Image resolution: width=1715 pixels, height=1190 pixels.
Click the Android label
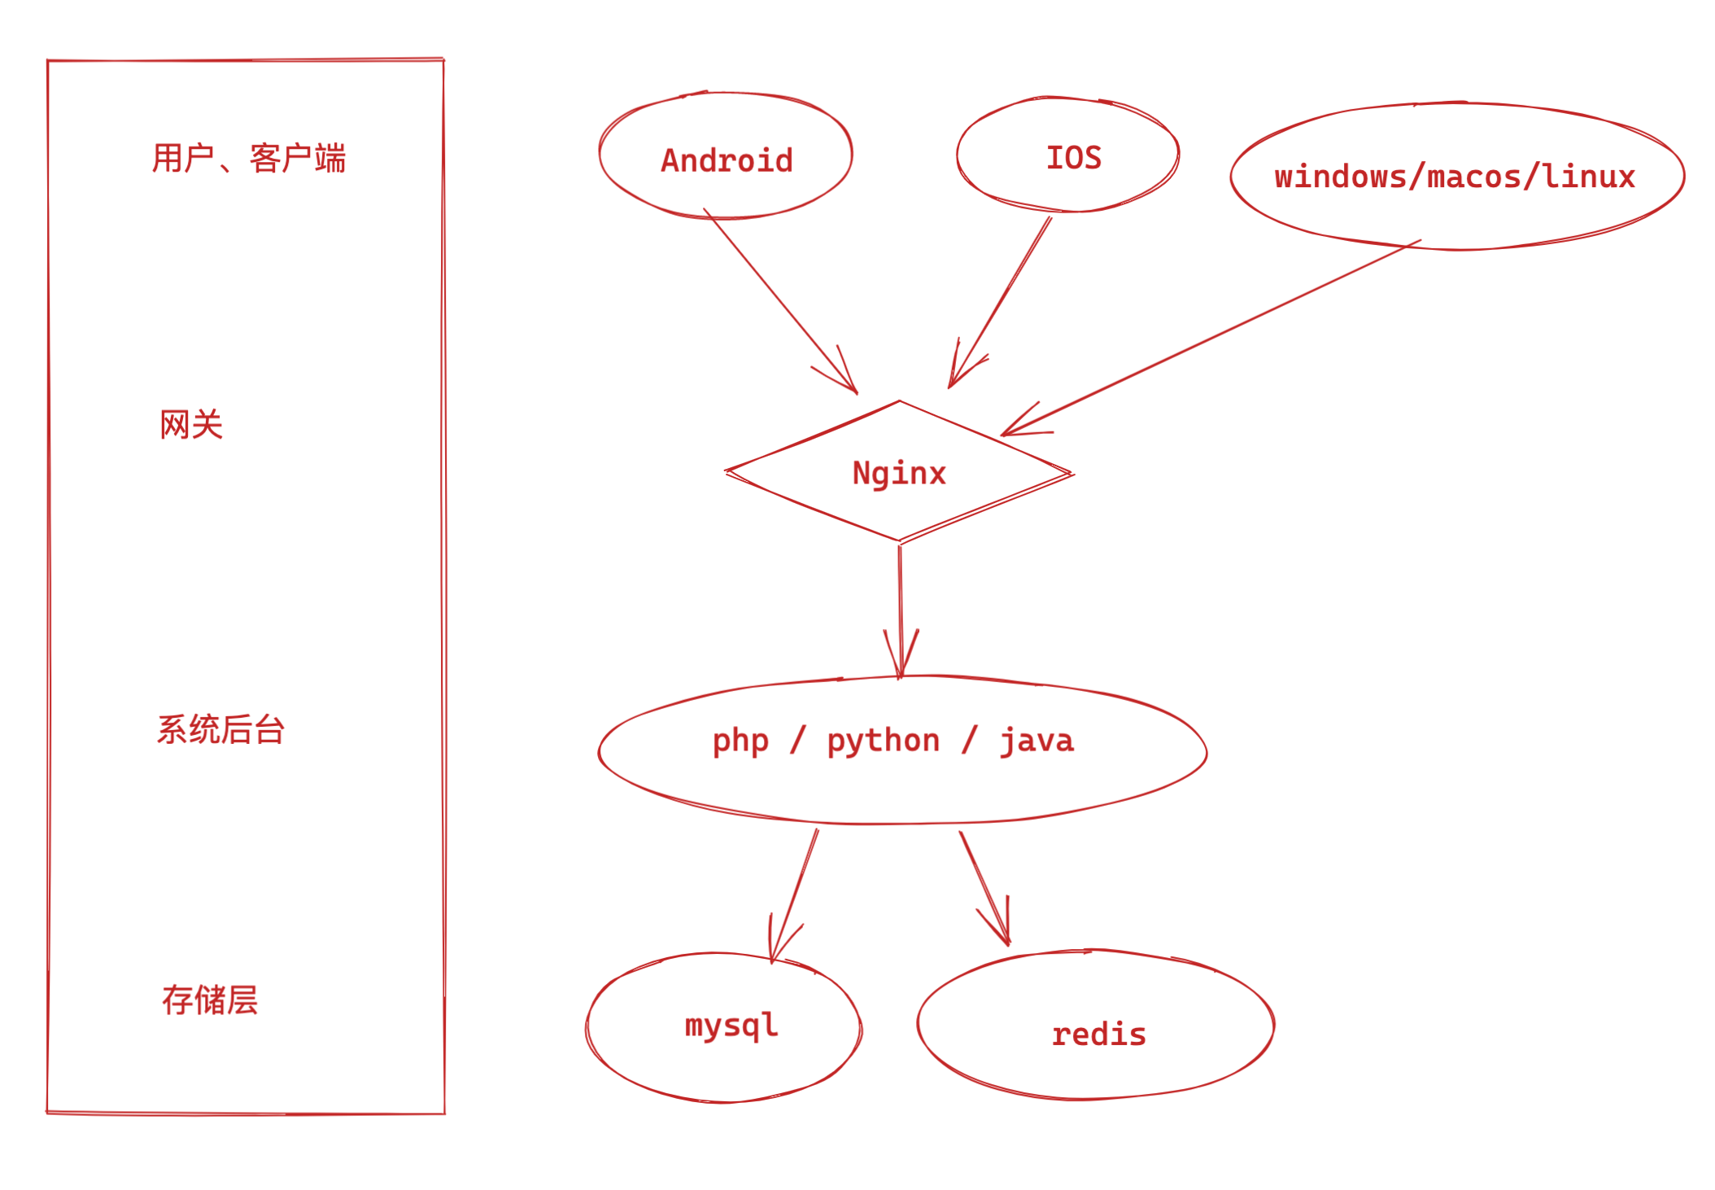click(x=727, y=160)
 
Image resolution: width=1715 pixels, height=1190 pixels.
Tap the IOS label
click(x=1073, y=158)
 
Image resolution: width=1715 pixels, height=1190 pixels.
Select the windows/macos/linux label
click(x=1455, y=177)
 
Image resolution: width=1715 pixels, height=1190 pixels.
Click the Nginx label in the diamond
click(x=899, y=473)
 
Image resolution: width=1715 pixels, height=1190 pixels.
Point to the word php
click(x=740, y=741)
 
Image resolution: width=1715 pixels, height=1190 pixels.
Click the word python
click(x=884, y=741)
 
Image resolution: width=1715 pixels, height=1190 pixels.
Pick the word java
click(x=1036, y=741)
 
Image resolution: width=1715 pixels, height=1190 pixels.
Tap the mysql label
click(x=731, y=1025)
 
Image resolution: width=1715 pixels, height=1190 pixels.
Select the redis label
click(x=1098, y=1035)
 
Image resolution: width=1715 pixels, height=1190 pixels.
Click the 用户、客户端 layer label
click(x=249, y=158)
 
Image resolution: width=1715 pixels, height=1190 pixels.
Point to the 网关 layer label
click(x=191, y=425)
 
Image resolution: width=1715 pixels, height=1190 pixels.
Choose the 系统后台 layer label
click(x=220, y=729)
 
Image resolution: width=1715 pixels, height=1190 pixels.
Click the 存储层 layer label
click(x=210, y=1000)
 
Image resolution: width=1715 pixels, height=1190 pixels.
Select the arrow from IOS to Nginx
click(x=1002, y=300)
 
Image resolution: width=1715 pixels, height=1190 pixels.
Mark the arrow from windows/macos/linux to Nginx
click(x=1212, y=337)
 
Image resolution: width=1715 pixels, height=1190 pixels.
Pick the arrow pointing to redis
click(x=984, y=887)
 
